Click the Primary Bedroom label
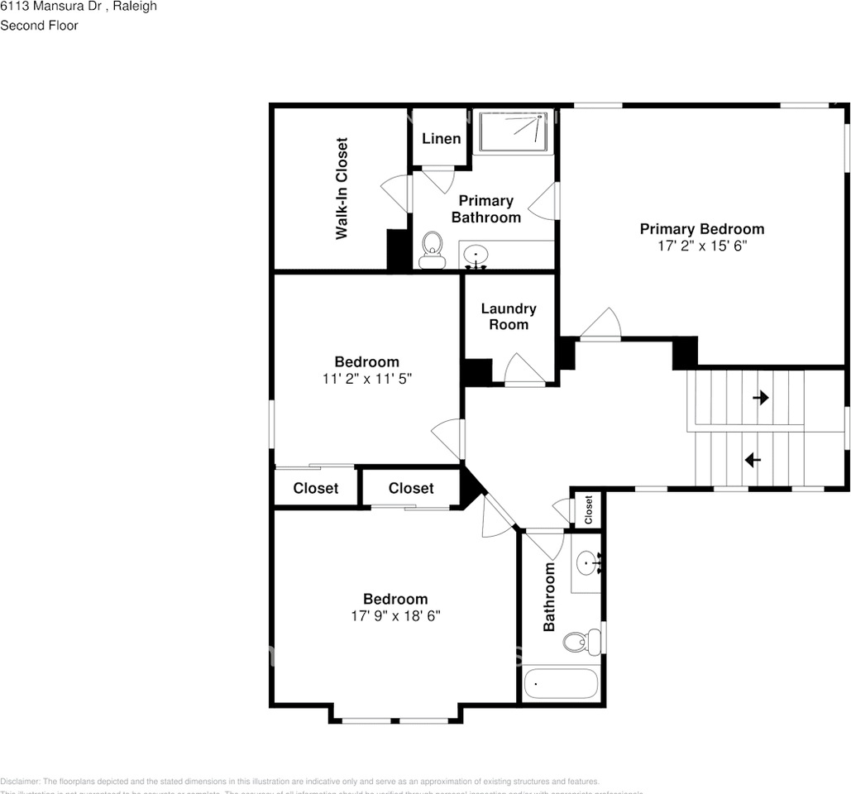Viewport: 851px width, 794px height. click(701, 229)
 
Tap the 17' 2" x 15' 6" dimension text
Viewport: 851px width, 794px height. click(701, 246)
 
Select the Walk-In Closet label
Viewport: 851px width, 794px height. click(341, 189)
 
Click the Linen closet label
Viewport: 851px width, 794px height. click(441, 138)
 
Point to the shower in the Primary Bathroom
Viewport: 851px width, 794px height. click(514, 132)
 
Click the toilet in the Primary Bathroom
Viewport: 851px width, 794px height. click(431, 250)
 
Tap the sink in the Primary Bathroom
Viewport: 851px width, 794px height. click(476, 255)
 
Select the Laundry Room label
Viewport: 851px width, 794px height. click(509, 316)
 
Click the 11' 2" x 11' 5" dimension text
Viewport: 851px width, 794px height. click(366, 379)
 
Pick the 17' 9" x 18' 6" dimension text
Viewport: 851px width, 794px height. click(395, 616)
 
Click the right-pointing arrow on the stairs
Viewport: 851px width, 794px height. click(760, 398)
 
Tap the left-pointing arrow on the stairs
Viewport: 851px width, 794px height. click(753, 460)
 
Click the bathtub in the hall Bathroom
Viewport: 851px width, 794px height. click(560, 684)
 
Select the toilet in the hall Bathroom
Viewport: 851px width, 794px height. click(581, 641)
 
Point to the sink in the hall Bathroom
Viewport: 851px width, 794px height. click(586, 563)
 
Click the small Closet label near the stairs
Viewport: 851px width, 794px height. click(589, 509)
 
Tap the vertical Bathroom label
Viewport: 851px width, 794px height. click(548, 597)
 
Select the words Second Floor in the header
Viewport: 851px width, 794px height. click(39, 26)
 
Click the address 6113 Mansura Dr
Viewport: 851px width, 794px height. click(50, 7)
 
